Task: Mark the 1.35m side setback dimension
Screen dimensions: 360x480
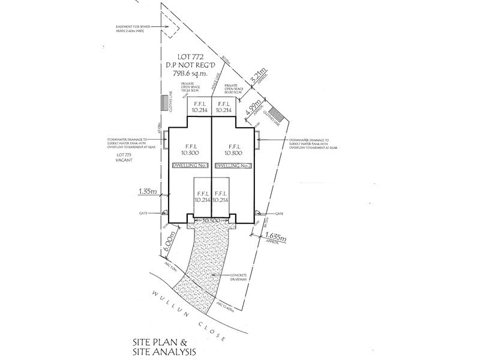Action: (x=148, y=192)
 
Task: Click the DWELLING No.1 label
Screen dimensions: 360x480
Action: (x=190, y=166)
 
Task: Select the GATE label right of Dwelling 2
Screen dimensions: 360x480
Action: (x=278, y=213)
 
